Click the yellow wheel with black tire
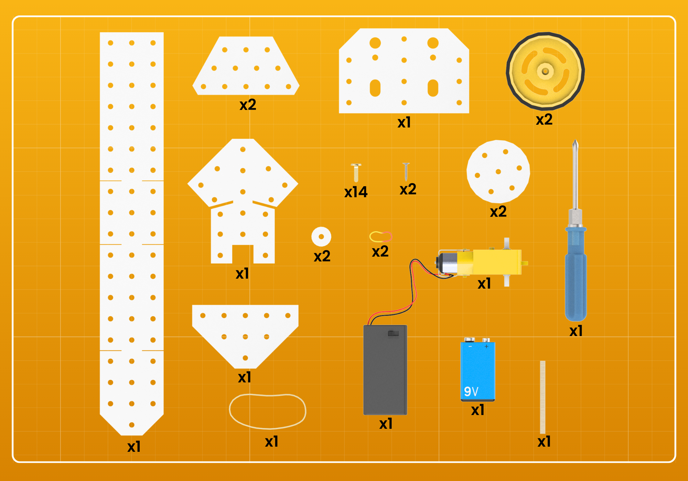pyautogui.click(x=545, y=71)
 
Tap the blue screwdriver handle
pyautogui.click(x=576, y=273)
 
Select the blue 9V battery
pyautogui.click(x=477, y=369)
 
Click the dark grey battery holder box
pyautogui.click(x=385, y=370)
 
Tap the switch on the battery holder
pyautogui.click(x=393, y=333)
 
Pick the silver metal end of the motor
pyautogui.click(x=447, y=263)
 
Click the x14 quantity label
pyautogui.click(x=356, y=192)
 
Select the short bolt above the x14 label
pyautogui.click(x=356, y=172)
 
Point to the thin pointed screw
pyautogui.click(x=406, y=172)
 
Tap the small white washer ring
pyautogui.click(x=321, y=236)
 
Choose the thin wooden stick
pyautogui.click(x=542, y=397)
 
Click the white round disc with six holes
pyautogui.click(x=498, y=171)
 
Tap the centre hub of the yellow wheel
pyautogui.click(x=545, y=71)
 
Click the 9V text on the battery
pyautogui.click(x=471, y=391)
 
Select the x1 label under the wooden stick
pyautogui.click(x=544, y=441)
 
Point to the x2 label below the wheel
pyautogui.click(x=544, y=120)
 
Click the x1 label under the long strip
pyautogui.click(x=134, y=447)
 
